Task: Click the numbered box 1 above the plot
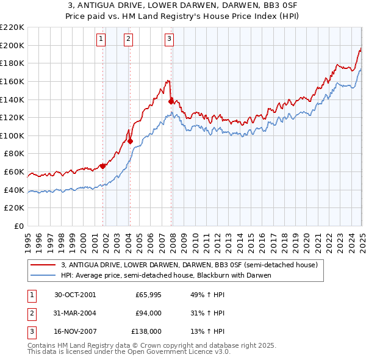(101, 39)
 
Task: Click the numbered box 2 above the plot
(129, 39)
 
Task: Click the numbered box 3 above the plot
(169, 39)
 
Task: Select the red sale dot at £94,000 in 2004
(131, 141)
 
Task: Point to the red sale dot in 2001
(103, 166)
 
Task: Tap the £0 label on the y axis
(18, 226)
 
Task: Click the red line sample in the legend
(43, 265)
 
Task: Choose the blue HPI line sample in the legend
(43, 275)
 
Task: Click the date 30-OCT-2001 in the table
(75, 295)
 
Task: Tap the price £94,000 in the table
(148, 313)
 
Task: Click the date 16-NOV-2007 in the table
(75, 331)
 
